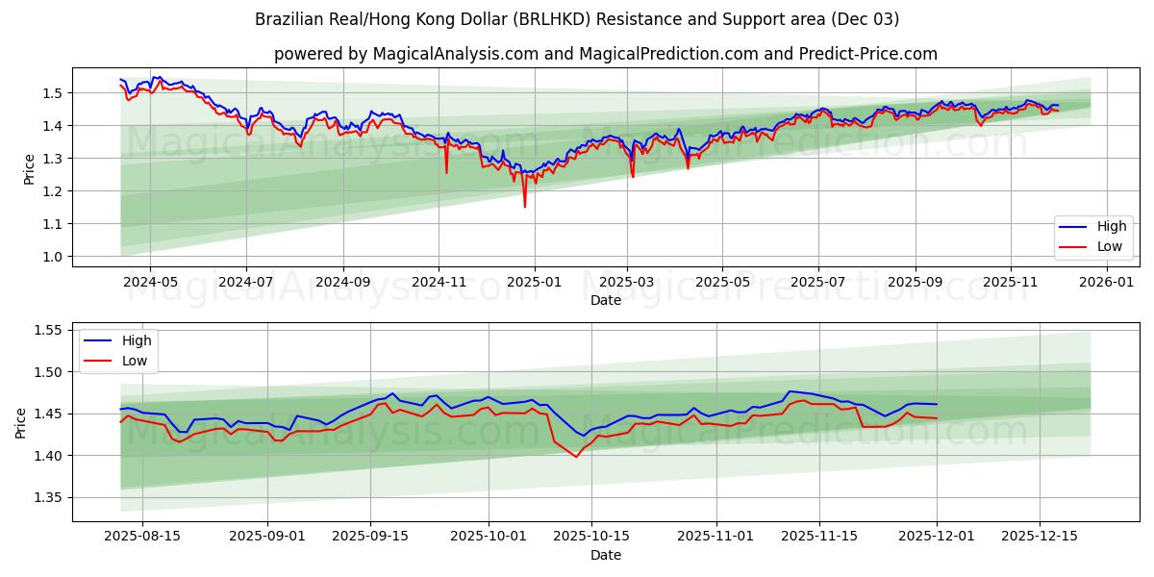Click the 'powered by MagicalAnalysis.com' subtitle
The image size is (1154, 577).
(605, 54)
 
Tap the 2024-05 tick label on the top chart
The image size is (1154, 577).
(150, 283)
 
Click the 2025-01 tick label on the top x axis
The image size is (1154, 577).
(533, 283)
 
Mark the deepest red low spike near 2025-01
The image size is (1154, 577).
(524, 207)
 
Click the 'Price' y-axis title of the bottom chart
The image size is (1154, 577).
(21, 421)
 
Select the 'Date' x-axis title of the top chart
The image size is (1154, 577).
(605, 300)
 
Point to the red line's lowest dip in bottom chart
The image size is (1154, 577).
(576, 457)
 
